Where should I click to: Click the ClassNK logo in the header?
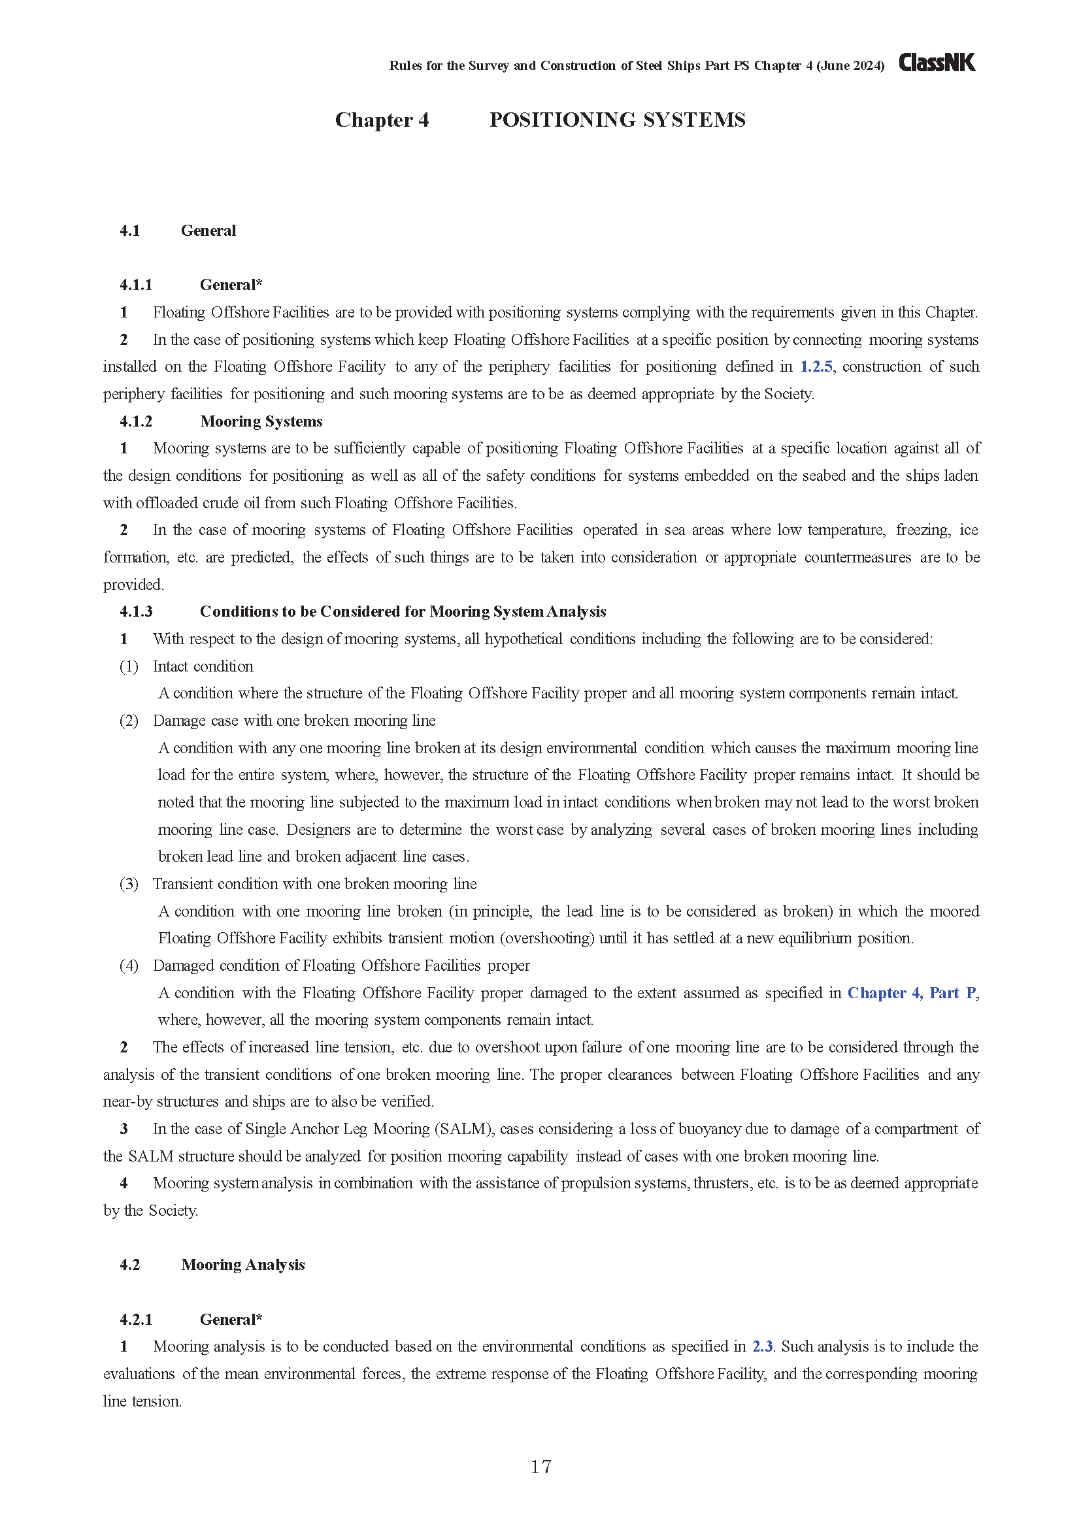(937, 63)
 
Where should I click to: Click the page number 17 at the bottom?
(540, 1466)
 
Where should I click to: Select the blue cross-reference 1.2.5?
(816, 366)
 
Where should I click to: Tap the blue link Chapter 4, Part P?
(911, 993)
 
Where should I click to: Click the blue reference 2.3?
(762, 1346)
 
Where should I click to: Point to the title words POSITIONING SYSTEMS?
(617, 120)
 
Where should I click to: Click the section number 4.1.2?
(136, 421)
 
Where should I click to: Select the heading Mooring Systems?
(261, 421)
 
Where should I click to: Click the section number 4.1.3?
(136, 611)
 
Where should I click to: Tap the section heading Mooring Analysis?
(243, 1265)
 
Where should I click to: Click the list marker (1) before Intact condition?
(129, 666)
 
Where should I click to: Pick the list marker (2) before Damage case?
(129, 721)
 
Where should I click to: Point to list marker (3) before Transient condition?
(129, 884)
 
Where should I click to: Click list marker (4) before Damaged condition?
(129, 966)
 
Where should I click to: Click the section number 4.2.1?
(136, 1320)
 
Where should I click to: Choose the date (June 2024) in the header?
(850, 66)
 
